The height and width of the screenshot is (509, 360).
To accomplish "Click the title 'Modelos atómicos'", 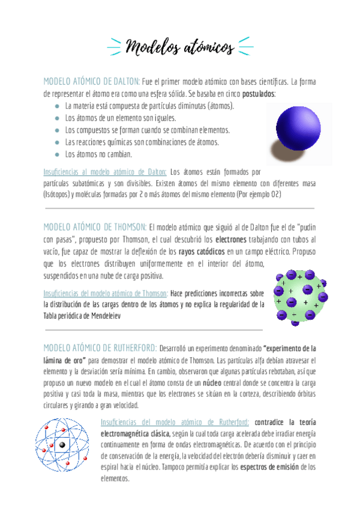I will [x=180, y=46].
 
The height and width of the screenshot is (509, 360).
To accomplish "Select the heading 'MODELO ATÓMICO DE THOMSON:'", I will [x=95, y=226].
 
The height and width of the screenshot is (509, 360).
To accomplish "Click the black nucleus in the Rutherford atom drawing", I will [x=62, y=444].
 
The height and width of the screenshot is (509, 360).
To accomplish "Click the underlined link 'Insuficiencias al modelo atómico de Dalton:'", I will [x=106, y=171].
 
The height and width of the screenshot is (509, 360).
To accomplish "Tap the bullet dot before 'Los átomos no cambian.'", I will [x=56, y=154].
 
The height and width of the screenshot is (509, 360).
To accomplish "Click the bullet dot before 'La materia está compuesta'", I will [x=56, y=106].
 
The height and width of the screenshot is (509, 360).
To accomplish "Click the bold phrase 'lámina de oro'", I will [x=65, y=360].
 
